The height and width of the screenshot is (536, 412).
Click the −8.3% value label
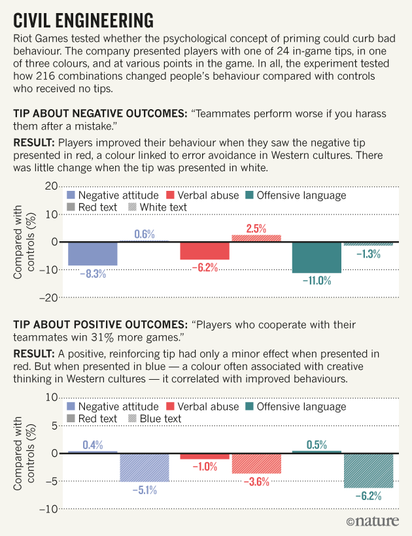coord(92,275)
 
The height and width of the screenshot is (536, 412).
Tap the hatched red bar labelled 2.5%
coord(256,239)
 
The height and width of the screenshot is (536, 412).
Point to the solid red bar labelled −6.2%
coord(205,251)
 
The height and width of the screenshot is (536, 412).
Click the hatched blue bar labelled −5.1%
coord(144,467)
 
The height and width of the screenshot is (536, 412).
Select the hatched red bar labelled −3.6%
coord(256,463)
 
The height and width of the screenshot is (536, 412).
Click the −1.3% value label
coord(368,254)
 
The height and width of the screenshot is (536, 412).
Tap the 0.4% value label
coord(92,444)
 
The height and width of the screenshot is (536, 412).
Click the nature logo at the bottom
coord(377,522)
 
